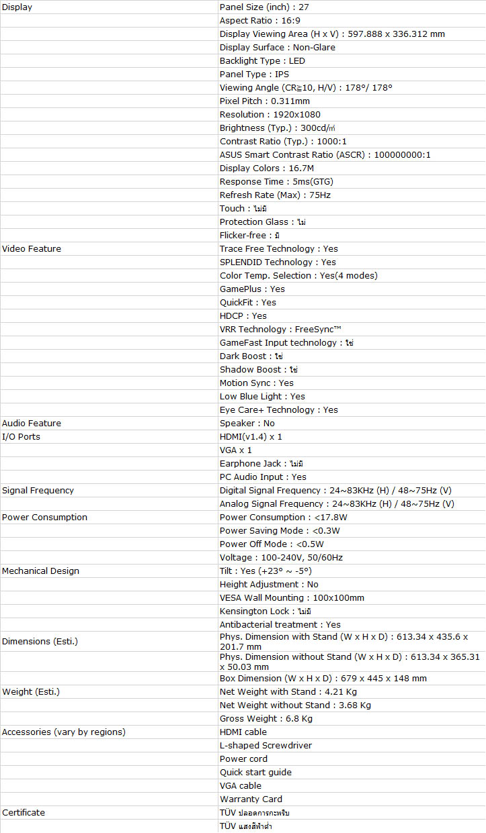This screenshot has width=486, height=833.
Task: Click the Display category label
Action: pos(17,7)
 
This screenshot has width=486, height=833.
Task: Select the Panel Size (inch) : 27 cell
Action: pos(264,7)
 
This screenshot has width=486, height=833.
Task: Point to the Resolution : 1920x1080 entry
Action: pos(270,114)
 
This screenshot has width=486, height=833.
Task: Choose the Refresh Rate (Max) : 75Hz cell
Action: pos(275,195)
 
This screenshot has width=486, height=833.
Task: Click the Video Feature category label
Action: pos(32,248)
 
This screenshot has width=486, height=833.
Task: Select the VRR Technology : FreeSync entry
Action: pos(281,329)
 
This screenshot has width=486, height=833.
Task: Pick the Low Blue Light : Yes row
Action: pos(262,396)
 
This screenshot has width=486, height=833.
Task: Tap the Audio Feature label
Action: pos(32,423)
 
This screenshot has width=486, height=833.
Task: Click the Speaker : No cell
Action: pos(247,423)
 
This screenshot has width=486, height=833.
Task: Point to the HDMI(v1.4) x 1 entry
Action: pos(251,436)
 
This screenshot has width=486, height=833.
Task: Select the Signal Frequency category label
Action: pos(38,490)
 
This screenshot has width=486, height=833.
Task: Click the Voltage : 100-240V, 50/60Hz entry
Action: pos(281,557)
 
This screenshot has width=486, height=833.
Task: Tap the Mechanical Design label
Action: pos(40,571)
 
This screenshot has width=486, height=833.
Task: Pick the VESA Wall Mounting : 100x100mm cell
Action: pos(292,597)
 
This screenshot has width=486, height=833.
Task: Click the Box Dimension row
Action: pos(323,678)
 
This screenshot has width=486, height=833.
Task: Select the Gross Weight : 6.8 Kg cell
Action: pos(266,718)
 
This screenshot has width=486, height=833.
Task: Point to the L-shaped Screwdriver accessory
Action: pos(266,745)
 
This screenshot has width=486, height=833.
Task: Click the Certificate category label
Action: pos(24,812)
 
